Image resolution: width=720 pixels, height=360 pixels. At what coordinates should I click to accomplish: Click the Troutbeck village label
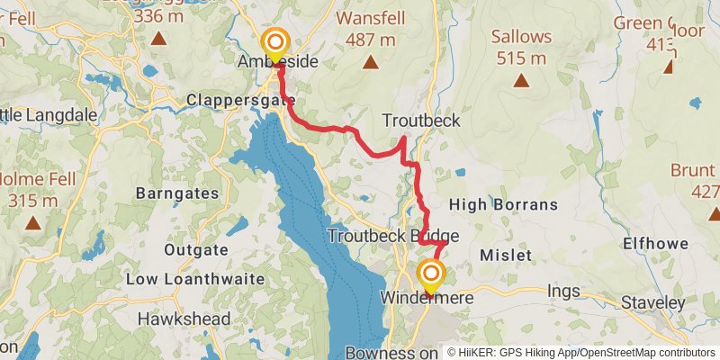[x=420, y=121]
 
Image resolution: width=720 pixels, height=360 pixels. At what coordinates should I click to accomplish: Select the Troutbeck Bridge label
[x=393, y=237]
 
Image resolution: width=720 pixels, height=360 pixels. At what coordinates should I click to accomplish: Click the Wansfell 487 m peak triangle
[x=370, y=62]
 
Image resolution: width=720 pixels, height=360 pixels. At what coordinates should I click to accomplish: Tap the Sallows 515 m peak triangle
[x=520, y=80]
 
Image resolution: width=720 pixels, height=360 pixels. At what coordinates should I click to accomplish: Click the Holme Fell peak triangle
[x=33, y=222]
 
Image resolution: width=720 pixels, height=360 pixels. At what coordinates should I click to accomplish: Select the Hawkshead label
[x=184, y=319]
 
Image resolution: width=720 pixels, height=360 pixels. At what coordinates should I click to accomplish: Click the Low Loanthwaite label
[x=195, y=279]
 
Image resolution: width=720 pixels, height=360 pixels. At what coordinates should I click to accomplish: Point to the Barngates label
[x=176, y=193]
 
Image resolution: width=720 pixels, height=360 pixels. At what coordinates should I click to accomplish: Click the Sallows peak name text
[x=519, y=37]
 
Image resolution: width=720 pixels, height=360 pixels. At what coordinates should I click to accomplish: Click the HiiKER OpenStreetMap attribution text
[x=581, y=353]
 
